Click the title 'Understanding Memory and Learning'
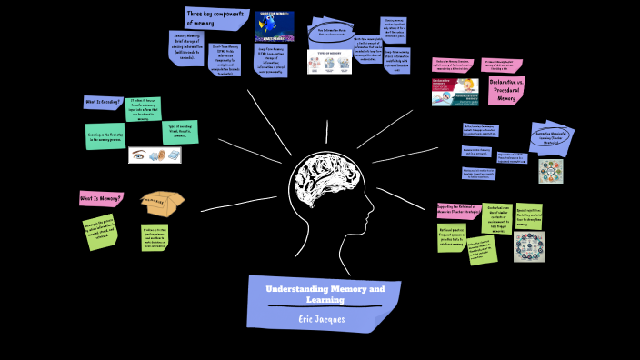[325, 293]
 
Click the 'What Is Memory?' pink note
[101, 198]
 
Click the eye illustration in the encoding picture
[139, 155]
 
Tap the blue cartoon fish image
[275, 26]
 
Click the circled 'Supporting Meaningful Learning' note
[553, 137]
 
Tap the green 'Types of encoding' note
[178, 131]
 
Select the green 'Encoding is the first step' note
[105, 135]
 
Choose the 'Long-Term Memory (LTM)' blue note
[270, 61]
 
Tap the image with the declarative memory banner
[455, 92]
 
